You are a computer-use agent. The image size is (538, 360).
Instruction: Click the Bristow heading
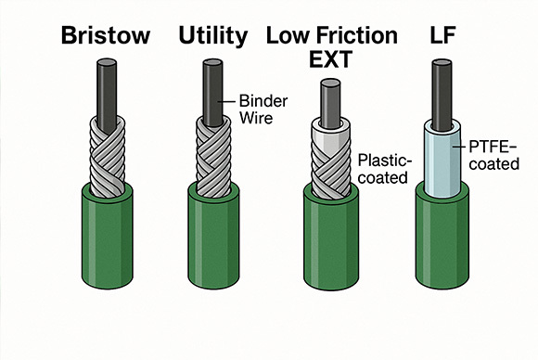point(104,37)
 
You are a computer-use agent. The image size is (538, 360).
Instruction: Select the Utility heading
point(213,37)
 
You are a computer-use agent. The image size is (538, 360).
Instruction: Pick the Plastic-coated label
point(381,168)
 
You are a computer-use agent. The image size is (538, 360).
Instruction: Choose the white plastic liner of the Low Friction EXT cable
point(330,135)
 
